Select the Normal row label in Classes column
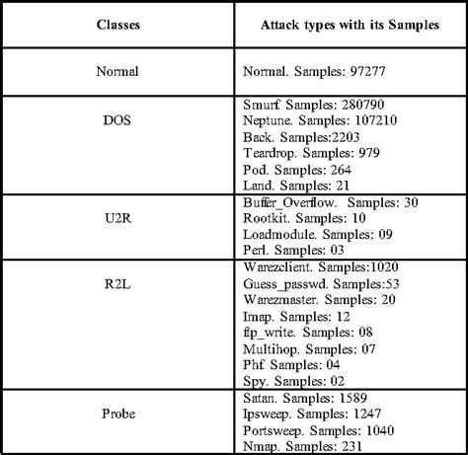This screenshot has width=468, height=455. pyautogui.click(x=118, y=72)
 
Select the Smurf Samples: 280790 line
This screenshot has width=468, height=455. pyautogui.click(x=312, y=103)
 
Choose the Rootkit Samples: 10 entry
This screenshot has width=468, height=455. pyautogui.click(x=302, y=217)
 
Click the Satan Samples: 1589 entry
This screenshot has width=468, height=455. pyautogui.click(x=305, y=396)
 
